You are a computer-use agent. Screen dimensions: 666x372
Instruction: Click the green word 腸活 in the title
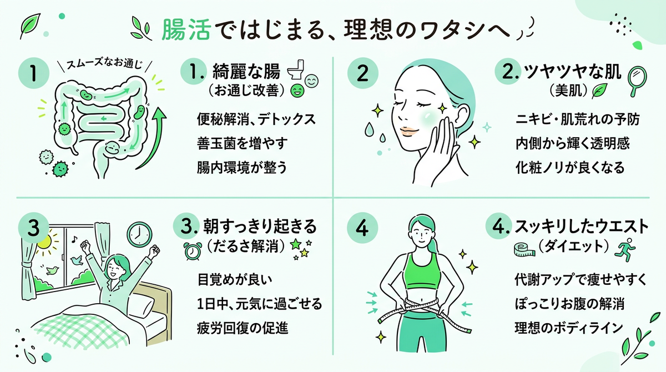[186, 30]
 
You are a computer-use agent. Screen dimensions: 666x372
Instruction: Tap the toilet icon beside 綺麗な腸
[296, 69]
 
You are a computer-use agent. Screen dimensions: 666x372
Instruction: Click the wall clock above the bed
[139, 235]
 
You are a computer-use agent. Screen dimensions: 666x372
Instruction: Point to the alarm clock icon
[192, 250]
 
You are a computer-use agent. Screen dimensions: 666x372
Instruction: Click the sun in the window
[45, 242]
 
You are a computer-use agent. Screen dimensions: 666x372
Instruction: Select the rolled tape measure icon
[524, 250]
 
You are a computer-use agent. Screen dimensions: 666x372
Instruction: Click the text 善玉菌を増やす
[242, 143]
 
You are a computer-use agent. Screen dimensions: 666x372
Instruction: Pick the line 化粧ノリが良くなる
[570, 168]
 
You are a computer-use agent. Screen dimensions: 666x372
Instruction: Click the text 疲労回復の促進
[243, 328]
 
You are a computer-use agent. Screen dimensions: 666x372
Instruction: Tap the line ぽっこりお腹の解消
[569, 304]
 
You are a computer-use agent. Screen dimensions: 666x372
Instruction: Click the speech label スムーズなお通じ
[104, 64]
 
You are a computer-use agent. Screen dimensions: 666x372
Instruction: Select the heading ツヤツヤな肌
[572, 72]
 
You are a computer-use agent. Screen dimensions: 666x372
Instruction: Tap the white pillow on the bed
[142, 305]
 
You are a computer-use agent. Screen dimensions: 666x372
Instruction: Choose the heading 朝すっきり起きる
[260, 227]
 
